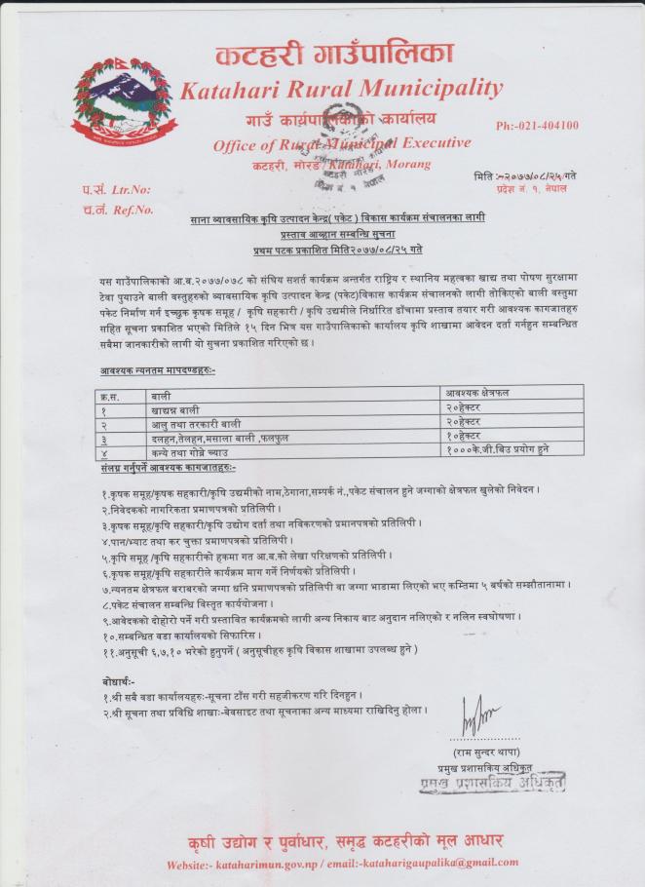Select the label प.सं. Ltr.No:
(117, 190)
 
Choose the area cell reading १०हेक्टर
(467, 440)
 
